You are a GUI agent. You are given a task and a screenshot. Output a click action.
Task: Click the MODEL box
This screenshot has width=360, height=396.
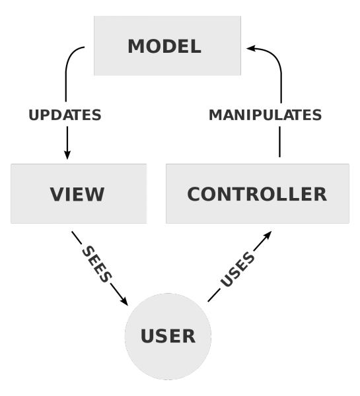click(x=167, y=46)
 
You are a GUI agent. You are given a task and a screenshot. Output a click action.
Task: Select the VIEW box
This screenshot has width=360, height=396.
click(x=79, y=193)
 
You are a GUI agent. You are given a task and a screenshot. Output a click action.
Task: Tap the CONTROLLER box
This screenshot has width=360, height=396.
click(x=257, y=193)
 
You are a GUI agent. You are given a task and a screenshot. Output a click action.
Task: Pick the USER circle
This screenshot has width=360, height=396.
click(x=168, y=336)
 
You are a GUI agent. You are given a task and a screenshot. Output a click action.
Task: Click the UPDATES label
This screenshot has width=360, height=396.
click(x=65, y=115)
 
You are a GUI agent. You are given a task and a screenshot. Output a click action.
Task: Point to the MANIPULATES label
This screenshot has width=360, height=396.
click(x=265, y=115)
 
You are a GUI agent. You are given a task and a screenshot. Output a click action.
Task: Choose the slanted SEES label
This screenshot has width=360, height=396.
click(x=96, y=264)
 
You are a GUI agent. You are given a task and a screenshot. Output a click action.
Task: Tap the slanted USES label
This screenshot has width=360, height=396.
click(x=237, y=269)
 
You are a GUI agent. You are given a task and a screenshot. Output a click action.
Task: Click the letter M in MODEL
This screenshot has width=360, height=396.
click(x=135, y=47)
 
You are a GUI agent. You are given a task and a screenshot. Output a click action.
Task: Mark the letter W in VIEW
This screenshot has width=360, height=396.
click(x=95, y=195)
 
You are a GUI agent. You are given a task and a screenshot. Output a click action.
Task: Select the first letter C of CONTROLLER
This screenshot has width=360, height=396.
click(x=194, y=195)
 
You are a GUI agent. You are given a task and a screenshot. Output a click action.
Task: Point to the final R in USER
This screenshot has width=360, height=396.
click(x=188, y=337)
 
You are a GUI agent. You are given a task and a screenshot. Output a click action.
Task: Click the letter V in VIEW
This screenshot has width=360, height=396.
click(x=57, y=195)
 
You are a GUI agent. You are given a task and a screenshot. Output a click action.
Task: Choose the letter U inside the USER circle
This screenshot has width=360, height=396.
click(x=148, y=337)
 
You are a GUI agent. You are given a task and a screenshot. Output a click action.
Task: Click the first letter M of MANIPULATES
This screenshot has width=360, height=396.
click(x=216, y=115)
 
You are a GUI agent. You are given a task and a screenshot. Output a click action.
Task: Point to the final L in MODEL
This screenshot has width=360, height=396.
click(x=196, y=47)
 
